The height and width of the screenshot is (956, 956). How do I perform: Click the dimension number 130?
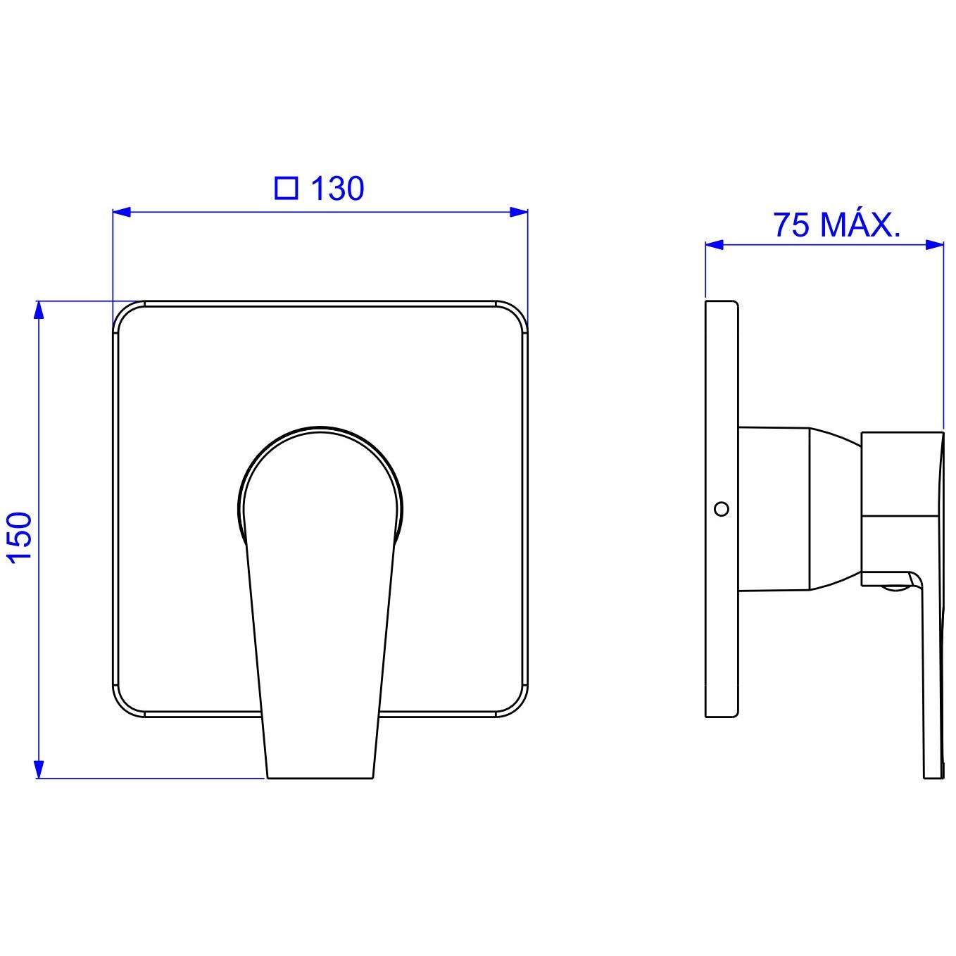(337, 189)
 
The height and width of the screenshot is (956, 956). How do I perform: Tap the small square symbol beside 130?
(287, 189)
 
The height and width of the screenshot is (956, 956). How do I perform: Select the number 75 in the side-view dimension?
(792, 225)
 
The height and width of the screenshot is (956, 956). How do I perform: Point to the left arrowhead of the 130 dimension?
(122, 213)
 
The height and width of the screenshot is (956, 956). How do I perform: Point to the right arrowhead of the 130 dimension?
(519, 213)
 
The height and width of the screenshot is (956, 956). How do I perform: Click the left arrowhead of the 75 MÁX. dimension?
(715, 244)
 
